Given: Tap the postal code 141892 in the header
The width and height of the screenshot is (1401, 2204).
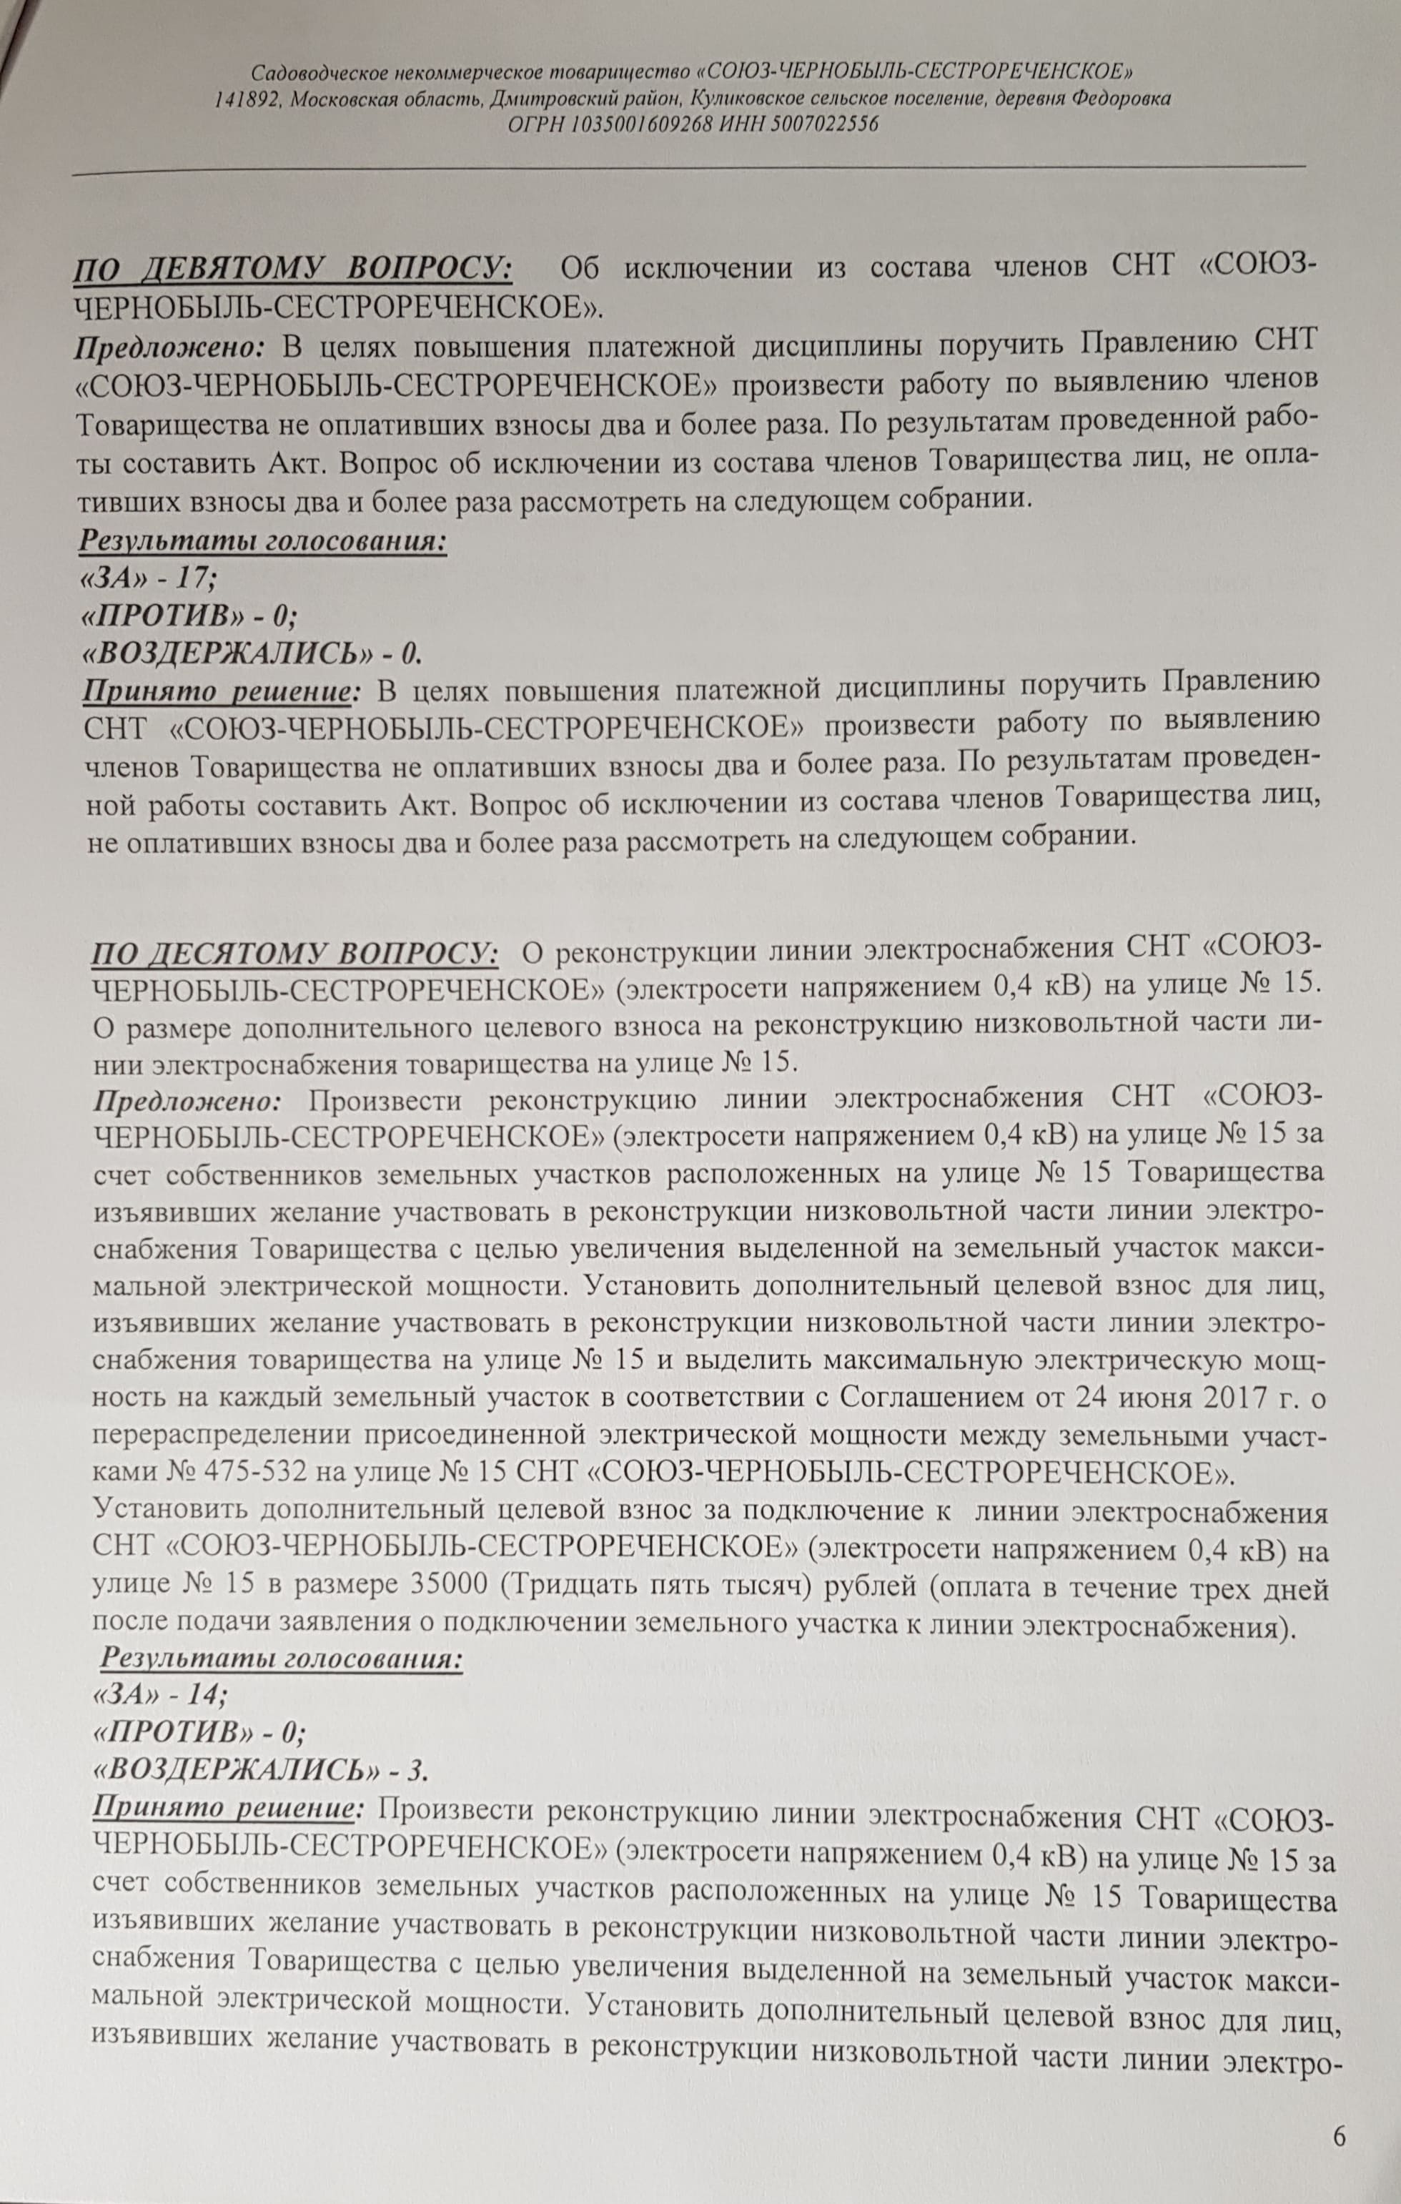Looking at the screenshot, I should tap(248, 98).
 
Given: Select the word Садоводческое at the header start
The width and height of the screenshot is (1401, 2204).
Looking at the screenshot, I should tap(320, 72).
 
